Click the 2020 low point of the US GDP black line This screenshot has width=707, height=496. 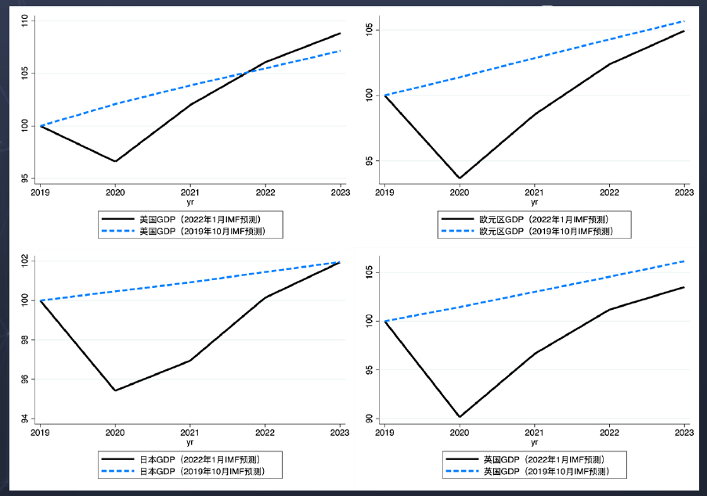point(115,161)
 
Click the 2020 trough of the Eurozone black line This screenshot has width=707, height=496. point(460,178)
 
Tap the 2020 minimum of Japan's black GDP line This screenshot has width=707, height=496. point(115,390)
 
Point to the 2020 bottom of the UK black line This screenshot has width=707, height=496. point(460,417)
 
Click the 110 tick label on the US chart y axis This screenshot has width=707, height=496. point(24,22)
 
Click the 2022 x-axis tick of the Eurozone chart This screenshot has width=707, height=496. point(609,192)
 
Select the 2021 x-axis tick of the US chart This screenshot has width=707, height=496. point(190,192)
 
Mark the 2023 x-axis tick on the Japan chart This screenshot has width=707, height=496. point(340,432)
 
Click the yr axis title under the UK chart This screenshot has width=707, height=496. point(535,442)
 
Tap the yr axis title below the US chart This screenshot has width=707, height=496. point(190,202)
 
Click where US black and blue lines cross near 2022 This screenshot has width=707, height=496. point(247,72)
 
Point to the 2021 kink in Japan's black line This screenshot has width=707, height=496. point(190,360)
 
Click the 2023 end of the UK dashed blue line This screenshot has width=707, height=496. point(684,261)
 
